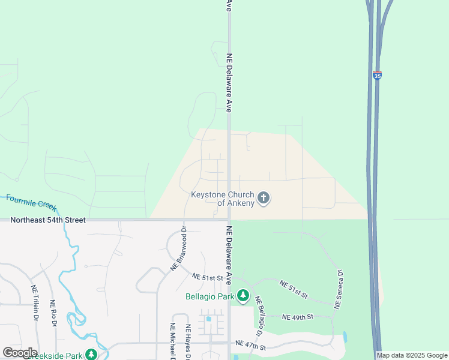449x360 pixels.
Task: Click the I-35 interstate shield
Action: [377, 76]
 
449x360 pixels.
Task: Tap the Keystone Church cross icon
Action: [263, 197]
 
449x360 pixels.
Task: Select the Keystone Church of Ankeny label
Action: [223, 199]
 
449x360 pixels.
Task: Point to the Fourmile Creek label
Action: [31, 202]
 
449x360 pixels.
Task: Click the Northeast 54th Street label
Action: [48, 220]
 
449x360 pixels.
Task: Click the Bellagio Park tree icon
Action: [243, 295]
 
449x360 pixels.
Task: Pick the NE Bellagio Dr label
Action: [259, 316]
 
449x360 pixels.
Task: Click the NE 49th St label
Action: [294, 317]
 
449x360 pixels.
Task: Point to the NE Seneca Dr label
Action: [339, 290]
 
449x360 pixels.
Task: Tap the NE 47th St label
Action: [251, 344]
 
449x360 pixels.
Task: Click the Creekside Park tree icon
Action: [91, 355]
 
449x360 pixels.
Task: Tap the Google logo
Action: [20, 353]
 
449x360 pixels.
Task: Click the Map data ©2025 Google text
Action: [412, 356]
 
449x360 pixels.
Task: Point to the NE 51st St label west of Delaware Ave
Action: [208, 278]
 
